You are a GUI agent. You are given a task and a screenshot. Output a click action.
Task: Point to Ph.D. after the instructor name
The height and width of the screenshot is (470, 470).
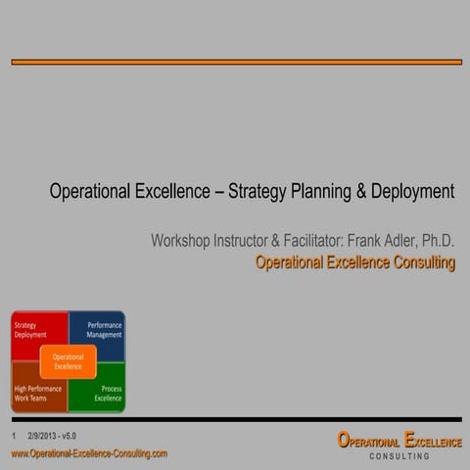437,240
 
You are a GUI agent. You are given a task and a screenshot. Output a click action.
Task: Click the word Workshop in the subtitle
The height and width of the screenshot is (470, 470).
184,240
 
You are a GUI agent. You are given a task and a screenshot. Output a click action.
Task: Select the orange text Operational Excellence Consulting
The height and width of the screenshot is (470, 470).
354,262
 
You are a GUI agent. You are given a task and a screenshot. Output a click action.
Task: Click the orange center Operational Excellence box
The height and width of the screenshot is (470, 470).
68,361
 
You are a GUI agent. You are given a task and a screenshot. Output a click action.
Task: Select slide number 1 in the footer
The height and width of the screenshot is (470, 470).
14,435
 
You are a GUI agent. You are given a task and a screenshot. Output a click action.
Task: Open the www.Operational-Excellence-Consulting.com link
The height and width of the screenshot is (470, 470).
89,453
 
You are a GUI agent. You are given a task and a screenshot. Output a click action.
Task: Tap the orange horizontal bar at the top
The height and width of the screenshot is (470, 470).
236,62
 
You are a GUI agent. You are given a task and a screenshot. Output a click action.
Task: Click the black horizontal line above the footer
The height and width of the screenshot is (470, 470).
236,419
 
